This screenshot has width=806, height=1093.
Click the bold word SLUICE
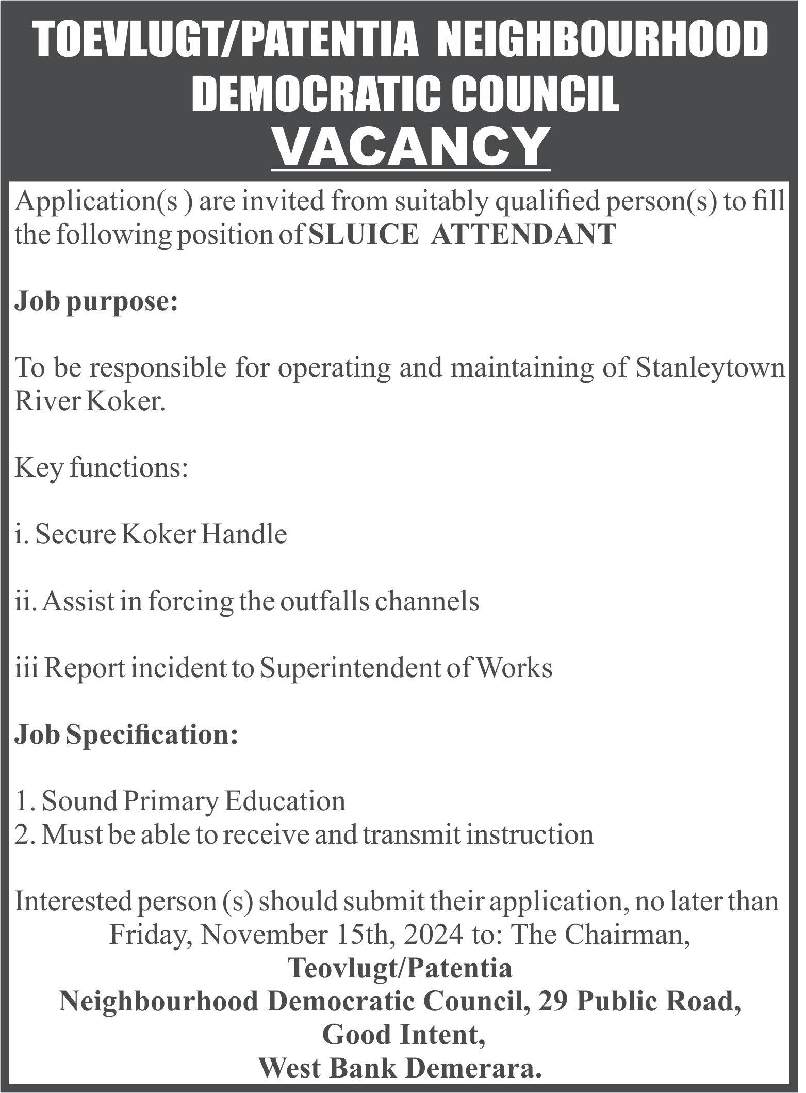click(x=364, y=234)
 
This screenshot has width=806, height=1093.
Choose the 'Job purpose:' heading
click(x=96, y=302)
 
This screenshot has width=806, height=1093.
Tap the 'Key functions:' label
click(x=101, y=469)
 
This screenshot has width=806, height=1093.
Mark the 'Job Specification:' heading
click(x=127, y=735)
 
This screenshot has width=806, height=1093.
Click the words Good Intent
click(x=403, y=1036)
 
